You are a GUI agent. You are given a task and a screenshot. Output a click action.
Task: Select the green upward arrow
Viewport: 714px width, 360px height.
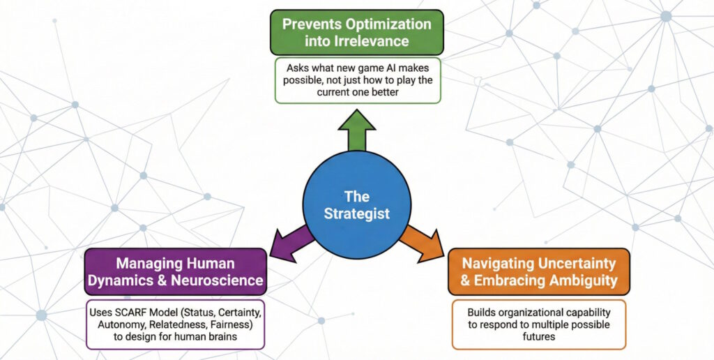[x=356, y=130]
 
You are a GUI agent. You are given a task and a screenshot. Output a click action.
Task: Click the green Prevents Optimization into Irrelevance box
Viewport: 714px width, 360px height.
[x=356, y=32]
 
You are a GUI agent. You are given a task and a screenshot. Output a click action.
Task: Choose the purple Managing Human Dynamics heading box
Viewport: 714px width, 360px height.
[x=175, y=272]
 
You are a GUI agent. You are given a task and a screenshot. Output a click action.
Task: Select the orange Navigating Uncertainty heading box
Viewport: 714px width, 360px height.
[x=538, y=272]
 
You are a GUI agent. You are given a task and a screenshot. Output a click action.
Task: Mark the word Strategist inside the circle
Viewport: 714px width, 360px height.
[x=356, y=213]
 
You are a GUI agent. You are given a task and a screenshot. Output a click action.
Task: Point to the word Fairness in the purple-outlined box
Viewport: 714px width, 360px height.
[x=235, y=323]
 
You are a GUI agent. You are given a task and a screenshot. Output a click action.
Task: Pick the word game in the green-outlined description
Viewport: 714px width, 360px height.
[x=354, y=68]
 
